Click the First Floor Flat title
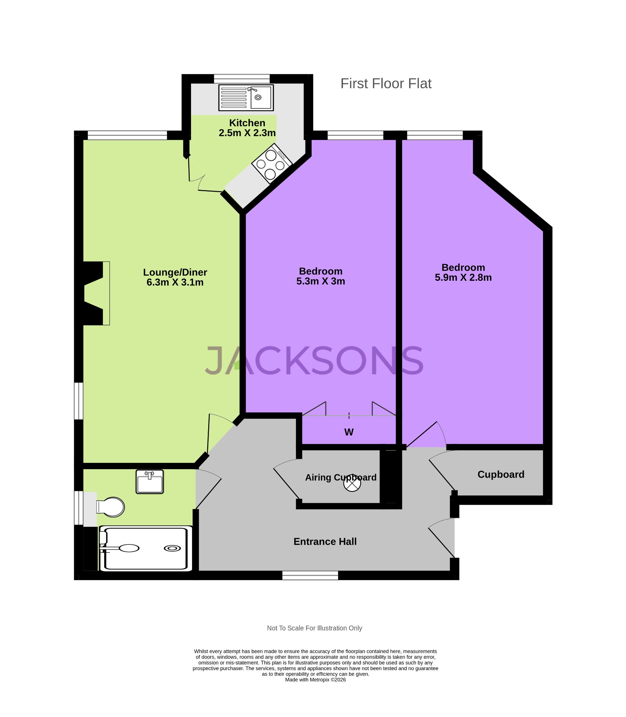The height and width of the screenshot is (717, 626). (x=386, y=84)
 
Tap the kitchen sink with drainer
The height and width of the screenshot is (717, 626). (x=246, y=98)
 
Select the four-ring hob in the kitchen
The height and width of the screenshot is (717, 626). (x=272, y=163)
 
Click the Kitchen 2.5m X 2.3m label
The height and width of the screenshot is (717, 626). (x=247, y=128)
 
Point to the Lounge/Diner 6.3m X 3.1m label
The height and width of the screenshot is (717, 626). (x=175, y=277)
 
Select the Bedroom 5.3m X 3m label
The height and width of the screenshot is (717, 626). (x=321, y=276)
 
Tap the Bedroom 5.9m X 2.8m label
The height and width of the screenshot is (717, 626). (x=463, y=272)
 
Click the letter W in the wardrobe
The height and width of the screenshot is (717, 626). (x=349, y=432)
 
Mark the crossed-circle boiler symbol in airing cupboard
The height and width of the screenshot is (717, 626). (x=352, y=484)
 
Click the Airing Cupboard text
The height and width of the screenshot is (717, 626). (x=340, y=477)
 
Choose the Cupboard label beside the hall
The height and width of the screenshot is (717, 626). (x=501, y=474)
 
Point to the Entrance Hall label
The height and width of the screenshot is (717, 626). (x=325, y=542)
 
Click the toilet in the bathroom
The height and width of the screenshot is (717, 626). (x=111, y=507)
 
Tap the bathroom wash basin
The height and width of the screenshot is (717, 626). (x=150, y=482)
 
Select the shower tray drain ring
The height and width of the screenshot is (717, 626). (x=172, y=548)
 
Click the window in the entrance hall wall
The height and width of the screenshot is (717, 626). (x=310, y=575)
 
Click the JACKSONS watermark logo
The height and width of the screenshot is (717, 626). (x=314, y=361)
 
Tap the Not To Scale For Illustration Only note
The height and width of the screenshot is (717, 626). (x=314, y=628)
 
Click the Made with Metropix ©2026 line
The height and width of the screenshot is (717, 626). (x=315, y=680)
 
